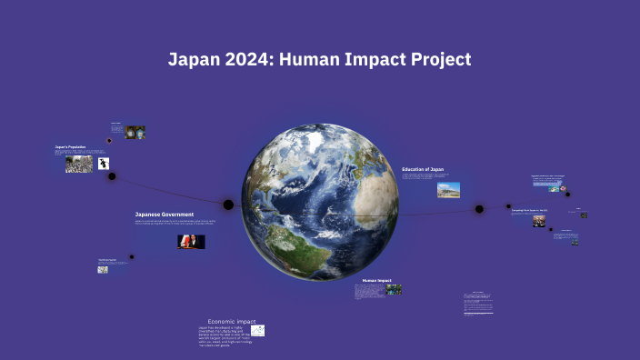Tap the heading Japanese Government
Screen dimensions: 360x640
pos(164,215)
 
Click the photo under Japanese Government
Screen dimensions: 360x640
pos(191,242)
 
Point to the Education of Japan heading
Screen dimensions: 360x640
pos(423,169)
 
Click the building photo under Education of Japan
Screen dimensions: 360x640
pos(448,189)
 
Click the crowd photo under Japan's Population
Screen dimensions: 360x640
pos(78,165)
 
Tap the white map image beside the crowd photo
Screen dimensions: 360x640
pos(105,164)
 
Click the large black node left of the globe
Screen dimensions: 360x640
pos(229,204)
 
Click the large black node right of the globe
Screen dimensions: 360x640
pos(479,209)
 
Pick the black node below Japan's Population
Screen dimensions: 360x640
pos(112,176)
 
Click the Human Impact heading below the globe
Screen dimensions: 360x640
pos(376,280)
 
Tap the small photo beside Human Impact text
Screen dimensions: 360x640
pos(394,290)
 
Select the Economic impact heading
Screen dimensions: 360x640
pos(232,322)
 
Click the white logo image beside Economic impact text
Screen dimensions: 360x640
pos(258,331)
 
